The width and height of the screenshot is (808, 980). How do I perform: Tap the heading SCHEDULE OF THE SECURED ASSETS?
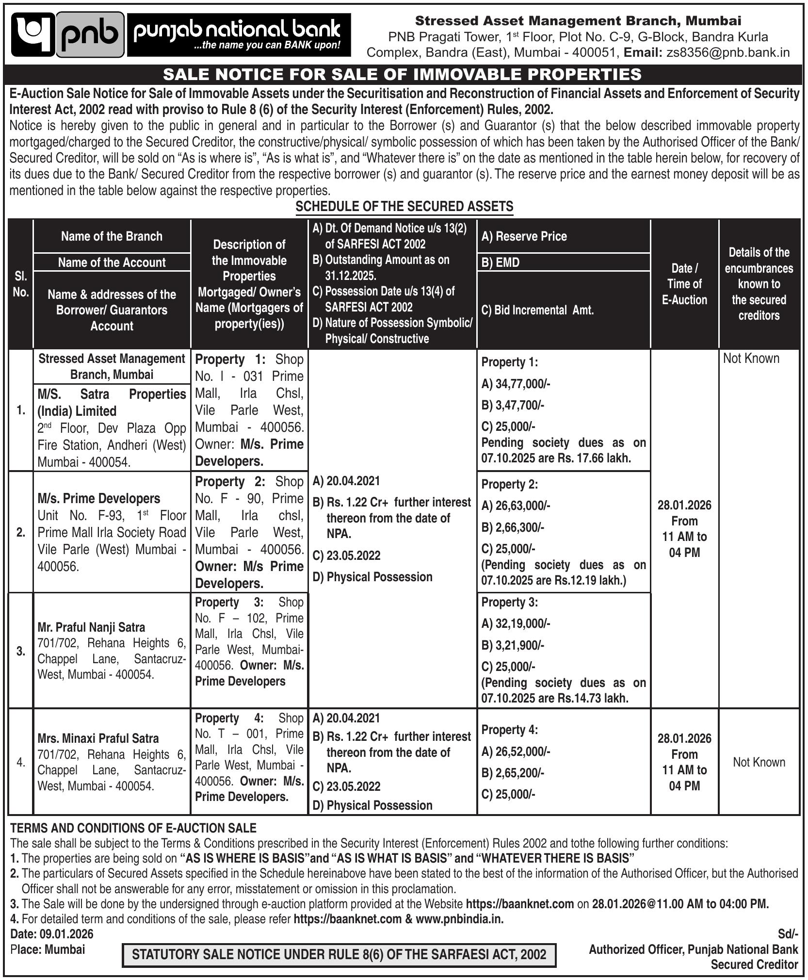tap(404, 207)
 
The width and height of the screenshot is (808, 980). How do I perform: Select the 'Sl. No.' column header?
tap(21, 284)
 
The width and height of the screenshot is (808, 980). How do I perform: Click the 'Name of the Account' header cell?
tap(112, 262)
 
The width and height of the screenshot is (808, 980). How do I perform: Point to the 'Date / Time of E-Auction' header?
tap(684, 284)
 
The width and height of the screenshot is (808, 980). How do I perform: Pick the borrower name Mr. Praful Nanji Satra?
tap(91, 627)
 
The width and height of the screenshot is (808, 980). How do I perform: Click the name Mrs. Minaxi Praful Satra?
tap(98, 738)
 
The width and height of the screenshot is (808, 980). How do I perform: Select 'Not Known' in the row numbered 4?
tap(759, 762)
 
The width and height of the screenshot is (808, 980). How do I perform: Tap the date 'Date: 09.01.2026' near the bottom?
tap(52, 934)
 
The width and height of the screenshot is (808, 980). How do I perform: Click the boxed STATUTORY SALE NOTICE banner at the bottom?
tap(339, 954)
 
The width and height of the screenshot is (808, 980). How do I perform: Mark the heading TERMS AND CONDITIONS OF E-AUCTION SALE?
tap(133, 828)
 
